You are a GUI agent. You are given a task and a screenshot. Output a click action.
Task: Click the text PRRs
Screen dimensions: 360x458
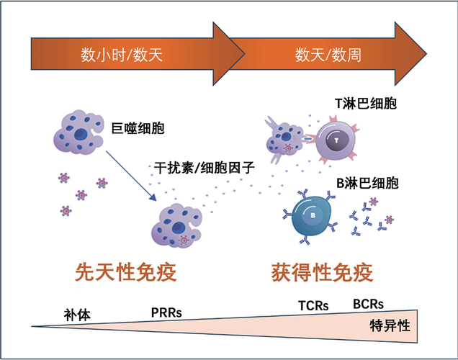pos(166,311)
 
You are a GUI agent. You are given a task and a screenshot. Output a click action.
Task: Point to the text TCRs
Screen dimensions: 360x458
pos(313,305)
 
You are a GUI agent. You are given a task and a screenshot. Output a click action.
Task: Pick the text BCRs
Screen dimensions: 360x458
pos(367,304)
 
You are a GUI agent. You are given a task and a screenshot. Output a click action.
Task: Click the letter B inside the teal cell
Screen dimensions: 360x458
pos(313,214)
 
